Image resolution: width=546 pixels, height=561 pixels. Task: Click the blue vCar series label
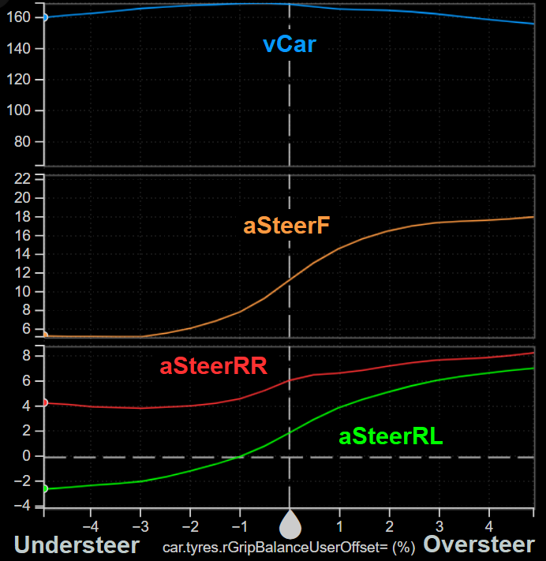coord(290,45)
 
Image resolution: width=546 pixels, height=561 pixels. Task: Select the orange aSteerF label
coord(286,226)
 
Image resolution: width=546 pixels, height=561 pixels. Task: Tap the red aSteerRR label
coord(213,366)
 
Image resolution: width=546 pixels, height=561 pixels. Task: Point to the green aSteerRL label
coord(391,436)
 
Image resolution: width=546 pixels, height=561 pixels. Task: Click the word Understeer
coord(77,545)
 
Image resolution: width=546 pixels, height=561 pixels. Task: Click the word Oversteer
coord(479,545)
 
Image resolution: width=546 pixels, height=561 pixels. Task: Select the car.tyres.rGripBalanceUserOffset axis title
coord(289,547)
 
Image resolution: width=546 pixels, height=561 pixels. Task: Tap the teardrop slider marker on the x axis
coord(290,522)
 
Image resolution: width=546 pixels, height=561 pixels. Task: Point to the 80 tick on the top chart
coord(29,142)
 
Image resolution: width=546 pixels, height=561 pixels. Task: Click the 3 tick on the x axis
coord(439,525)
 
